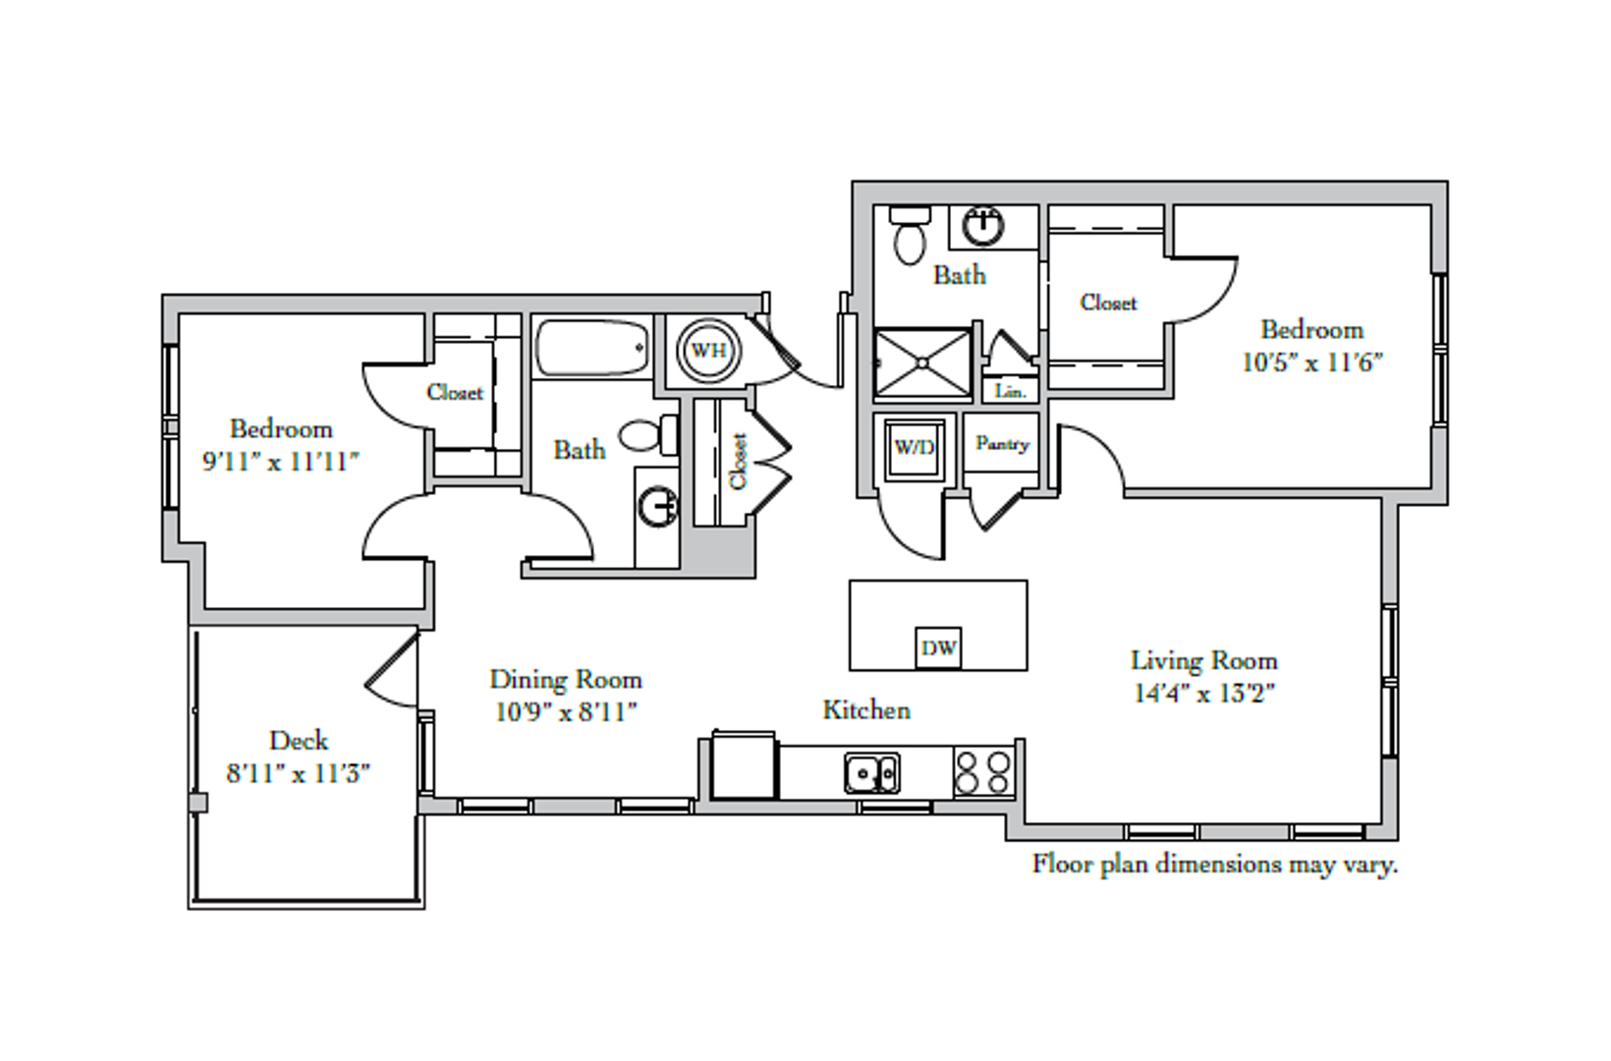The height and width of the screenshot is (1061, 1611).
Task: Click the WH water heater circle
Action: click(708, 351)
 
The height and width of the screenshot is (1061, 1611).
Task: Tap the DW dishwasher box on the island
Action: click(938, 648)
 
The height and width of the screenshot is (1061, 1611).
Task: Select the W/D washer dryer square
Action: click(915, 448)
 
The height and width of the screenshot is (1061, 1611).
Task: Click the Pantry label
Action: click(1003, 444)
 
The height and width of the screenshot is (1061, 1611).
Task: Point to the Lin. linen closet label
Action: click(1010, 392)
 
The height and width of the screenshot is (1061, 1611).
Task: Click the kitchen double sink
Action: click(871, 773)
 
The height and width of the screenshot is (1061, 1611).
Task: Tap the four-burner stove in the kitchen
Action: click(983, 772)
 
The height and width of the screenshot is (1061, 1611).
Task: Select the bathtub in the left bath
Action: click(592, 348)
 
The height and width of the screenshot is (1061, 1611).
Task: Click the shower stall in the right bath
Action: click(922, 363)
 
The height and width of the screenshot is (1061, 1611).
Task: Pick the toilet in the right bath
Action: click(910, 235)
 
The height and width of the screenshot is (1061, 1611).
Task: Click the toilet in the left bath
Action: click(648, 435)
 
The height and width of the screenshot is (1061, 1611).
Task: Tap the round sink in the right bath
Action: click(983, 226)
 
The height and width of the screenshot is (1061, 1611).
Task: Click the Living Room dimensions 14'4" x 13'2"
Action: click(1204, 694)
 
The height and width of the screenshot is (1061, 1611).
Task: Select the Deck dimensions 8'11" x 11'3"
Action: click(298, 774)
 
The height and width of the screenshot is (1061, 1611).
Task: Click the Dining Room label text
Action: click(566, 680)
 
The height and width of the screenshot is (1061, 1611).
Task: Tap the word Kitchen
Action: click(866, 710)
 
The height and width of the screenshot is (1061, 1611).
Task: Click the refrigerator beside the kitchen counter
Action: click(744, 765)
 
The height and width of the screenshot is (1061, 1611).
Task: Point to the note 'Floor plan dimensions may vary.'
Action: click(1215, 864)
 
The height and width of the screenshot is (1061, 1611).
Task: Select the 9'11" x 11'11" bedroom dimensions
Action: click(281, 462)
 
